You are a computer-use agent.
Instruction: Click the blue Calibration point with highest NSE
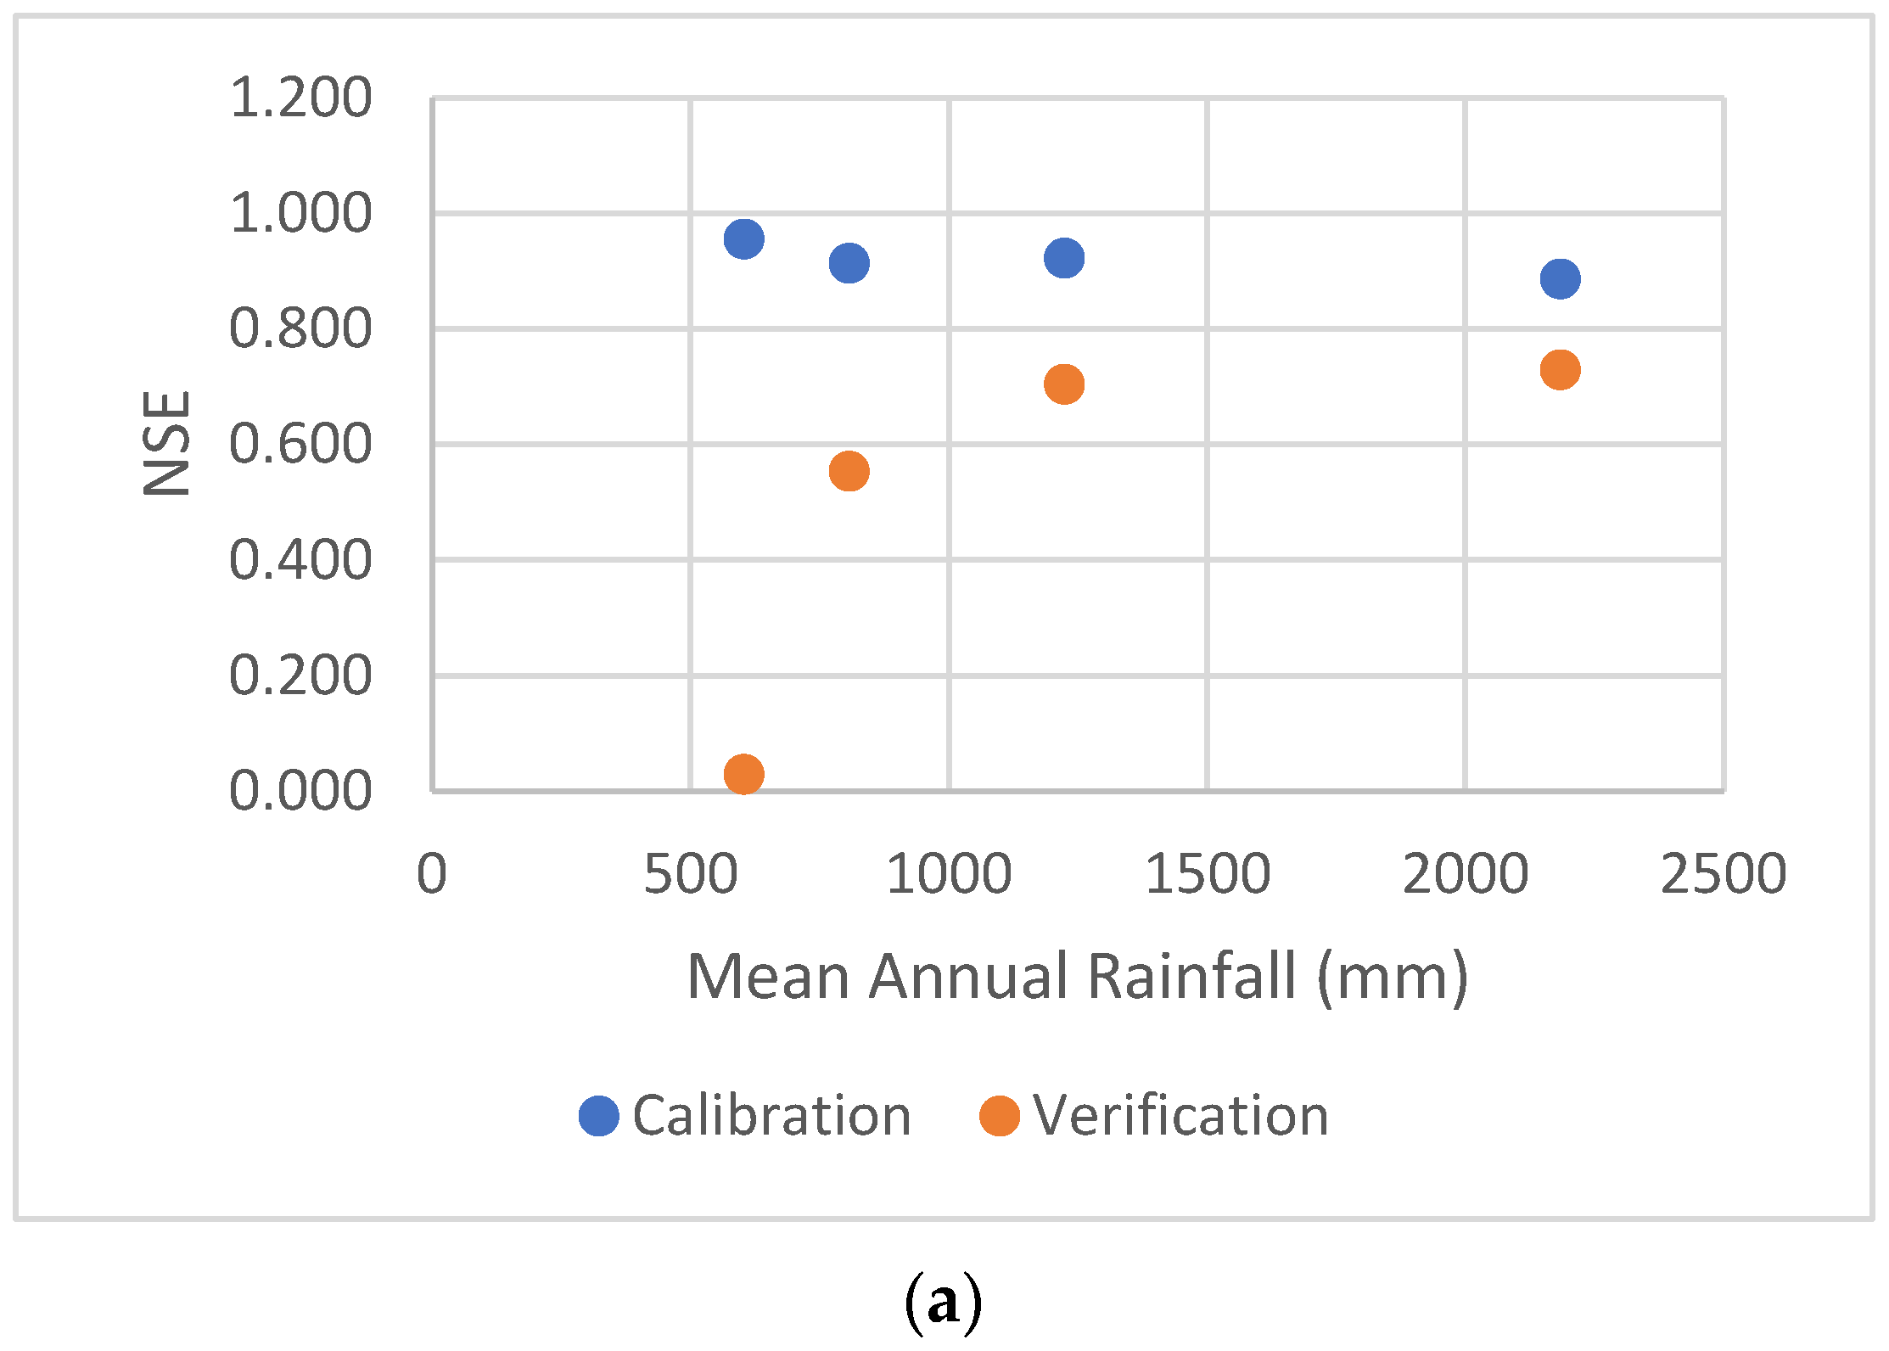point(743,238)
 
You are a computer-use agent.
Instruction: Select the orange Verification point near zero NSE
point(743,773)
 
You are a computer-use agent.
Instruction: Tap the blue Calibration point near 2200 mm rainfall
point(1560,278)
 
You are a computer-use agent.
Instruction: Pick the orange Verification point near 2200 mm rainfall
point(1560,370)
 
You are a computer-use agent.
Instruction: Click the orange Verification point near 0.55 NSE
point(849,471)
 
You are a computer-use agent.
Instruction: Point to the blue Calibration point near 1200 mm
point(1063,257)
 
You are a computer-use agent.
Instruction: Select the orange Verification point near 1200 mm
point(1063,384)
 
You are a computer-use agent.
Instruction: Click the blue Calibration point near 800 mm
point(849,263)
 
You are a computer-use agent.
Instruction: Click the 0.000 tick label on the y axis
point(300,790)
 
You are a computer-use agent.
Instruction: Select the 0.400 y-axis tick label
point(300,559)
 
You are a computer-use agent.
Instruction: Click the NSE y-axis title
point(166,443)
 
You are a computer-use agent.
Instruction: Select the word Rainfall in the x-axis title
point(1191,976)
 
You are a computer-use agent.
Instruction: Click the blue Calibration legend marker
point(598,1115)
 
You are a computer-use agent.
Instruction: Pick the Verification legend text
point(1180,1115)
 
